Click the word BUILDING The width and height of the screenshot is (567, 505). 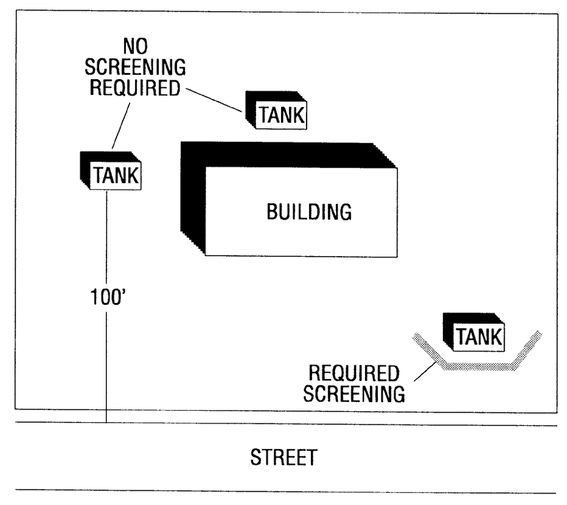point(309,212)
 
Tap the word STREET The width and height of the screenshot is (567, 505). point(283,458)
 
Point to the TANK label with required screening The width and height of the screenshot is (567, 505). point(478,337)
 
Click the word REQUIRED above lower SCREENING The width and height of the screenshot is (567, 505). point(354,374)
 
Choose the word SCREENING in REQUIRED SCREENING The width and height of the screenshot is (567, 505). point(354,393)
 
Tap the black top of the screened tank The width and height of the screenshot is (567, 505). point(470,318)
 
